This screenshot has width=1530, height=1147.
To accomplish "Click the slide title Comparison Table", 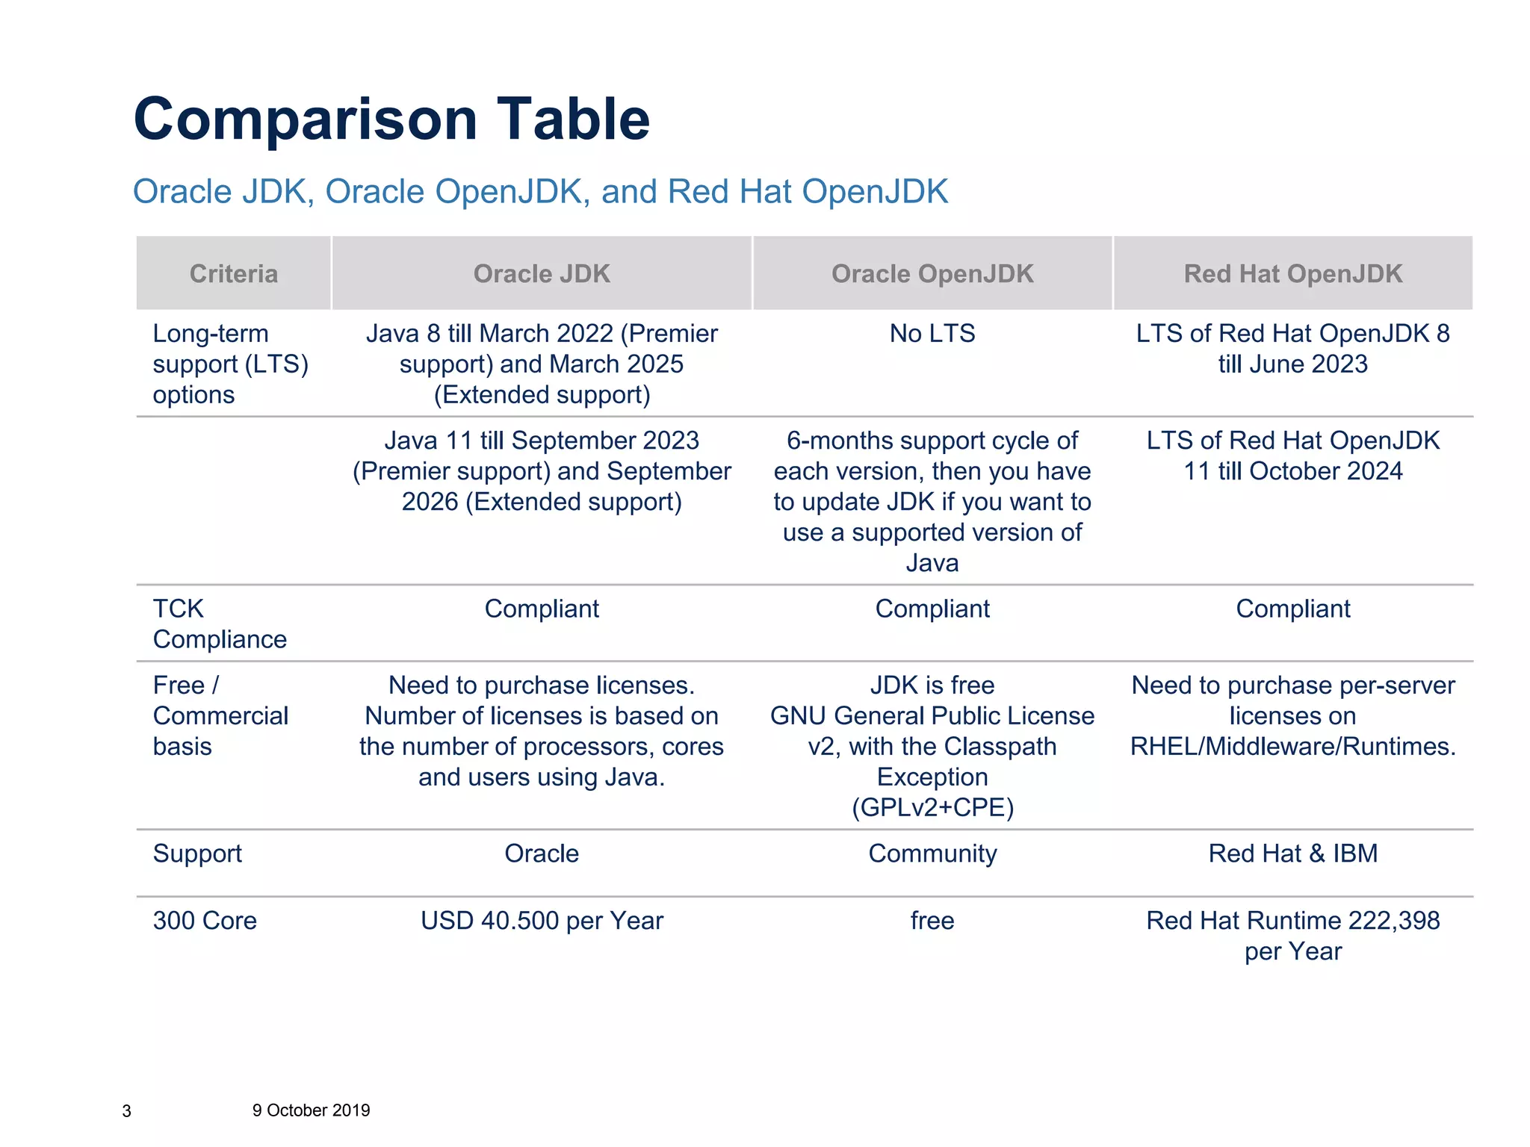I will (391, 119).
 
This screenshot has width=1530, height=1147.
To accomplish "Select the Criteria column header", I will (233, 274).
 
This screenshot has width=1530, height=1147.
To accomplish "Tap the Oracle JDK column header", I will (542, 274).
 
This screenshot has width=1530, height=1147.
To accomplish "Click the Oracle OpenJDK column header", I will (932, 274).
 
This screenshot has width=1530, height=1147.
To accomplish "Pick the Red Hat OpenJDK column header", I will (1293, 274).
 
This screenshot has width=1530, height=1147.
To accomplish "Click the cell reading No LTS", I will (932, 333).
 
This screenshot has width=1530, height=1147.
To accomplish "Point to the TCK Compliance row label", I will (219, 624).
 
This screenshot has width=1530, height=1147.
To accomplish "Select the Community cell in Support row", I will (932, 854).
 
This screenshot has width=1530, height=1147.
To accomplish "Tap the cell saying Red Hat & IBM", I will (1293, 854).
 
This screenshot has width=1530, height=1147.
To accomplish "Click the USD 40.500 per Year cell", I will (542, 921).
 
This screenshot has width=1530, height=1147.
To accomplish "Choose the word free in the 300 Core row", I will (932, 921).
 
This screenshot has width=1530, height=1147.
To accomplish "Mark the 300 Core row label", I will (205, 921).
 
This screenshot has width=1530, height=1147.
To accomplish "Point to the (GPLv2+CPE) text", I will (932, 808).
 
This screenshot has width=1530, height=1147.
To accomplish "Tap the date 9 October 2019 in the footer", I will (311, 1110).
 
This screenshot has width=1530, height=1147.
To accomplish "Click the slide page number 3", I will (126, 1111).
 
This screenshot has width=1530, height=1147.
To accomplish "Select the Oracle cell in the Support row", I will (542, 854).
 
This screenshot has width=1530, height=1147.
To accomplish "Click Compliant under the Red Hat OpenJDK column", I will (1293, 609).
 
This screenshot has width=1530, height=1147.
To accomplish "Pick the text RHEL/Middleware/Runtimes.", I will (1293, 747).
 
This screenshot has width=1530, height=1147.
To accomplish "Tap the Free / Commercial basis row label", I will (220, 715).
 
